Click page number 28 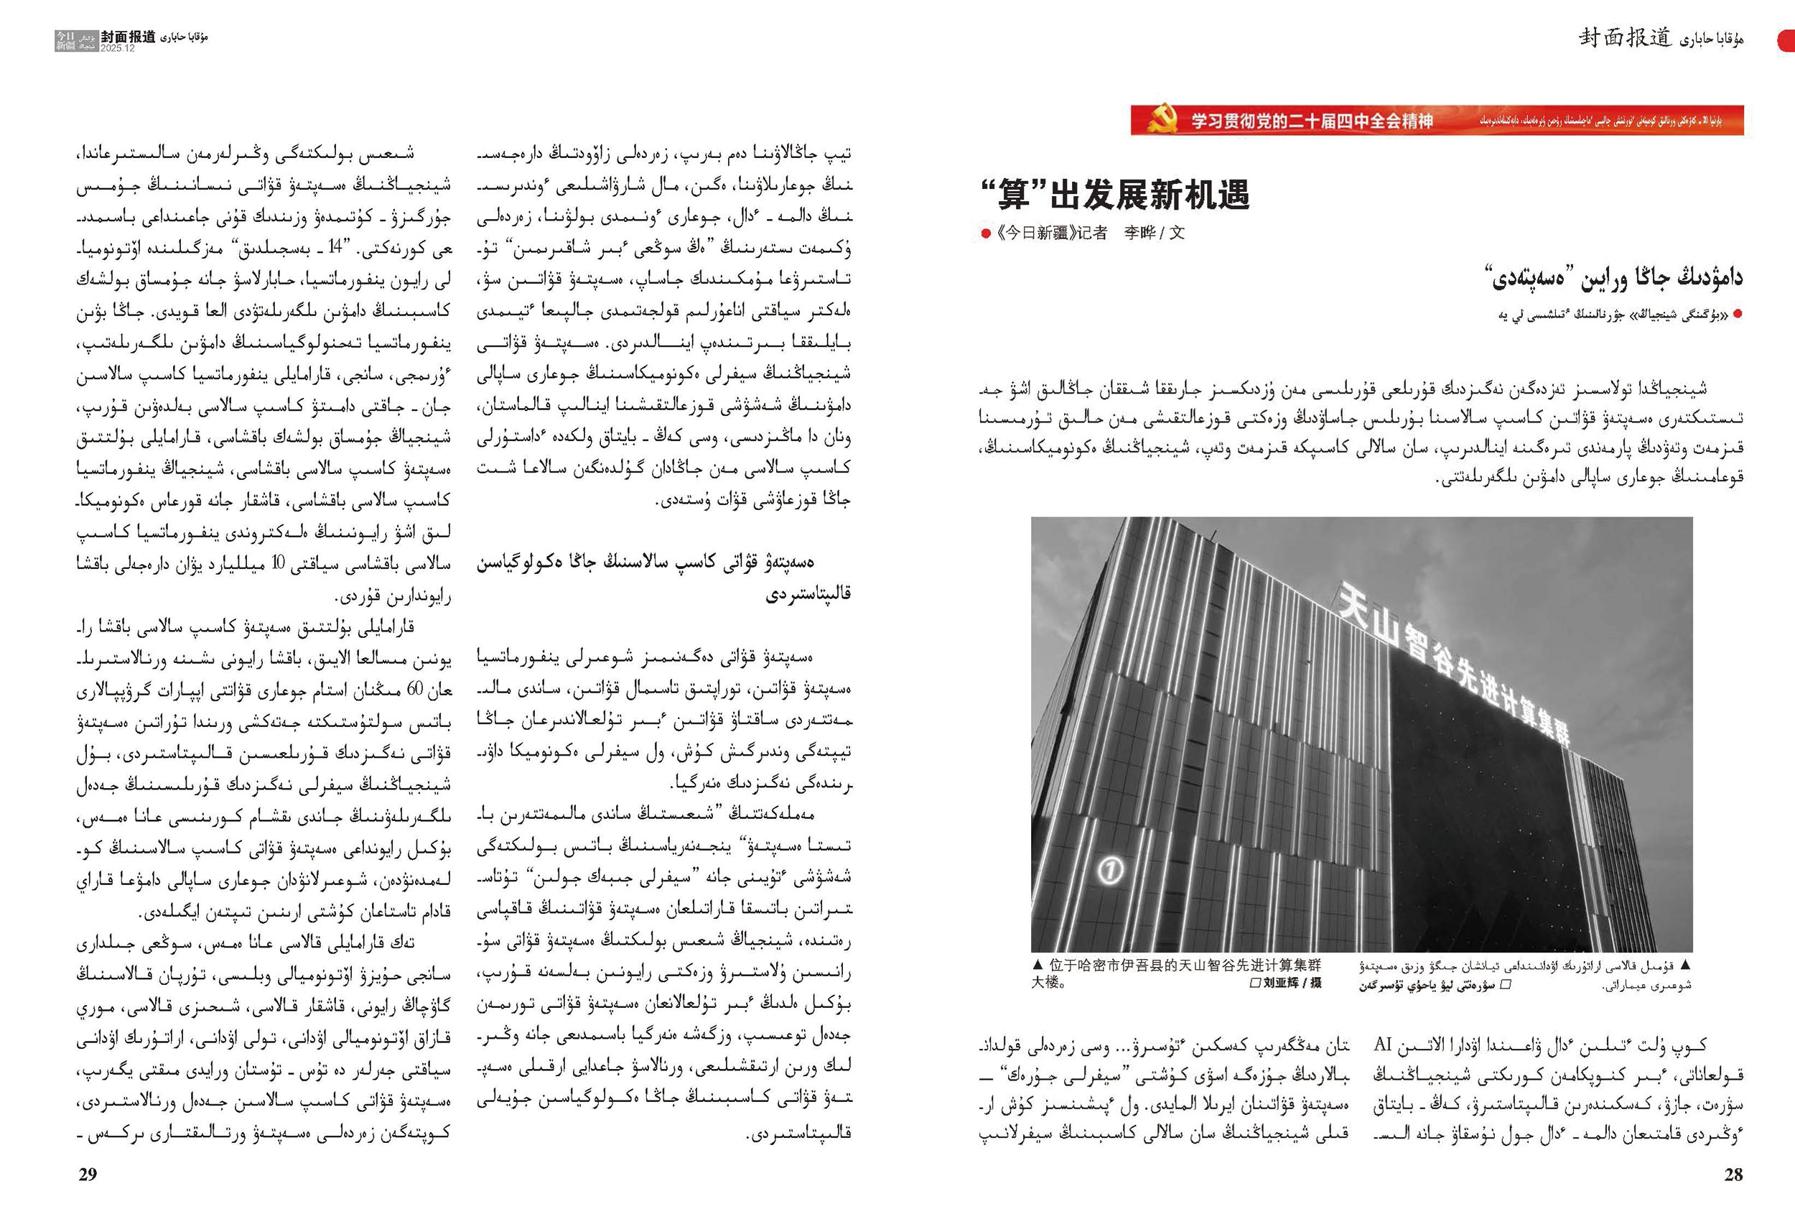(1733, 1175)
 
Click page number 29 (88, 1175)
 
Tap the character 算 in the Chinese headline (1013, 194)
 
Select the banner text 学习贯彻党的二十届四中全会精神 (1312, 121)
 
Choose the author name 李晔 (1140, 233)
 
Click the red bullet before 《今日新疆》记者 (985, 233)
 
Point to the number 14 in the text (335, 248)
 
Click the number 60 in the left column (414, 689)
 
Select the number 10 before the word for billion (279, 564)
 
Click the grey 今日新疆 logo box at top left (65, 41)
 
